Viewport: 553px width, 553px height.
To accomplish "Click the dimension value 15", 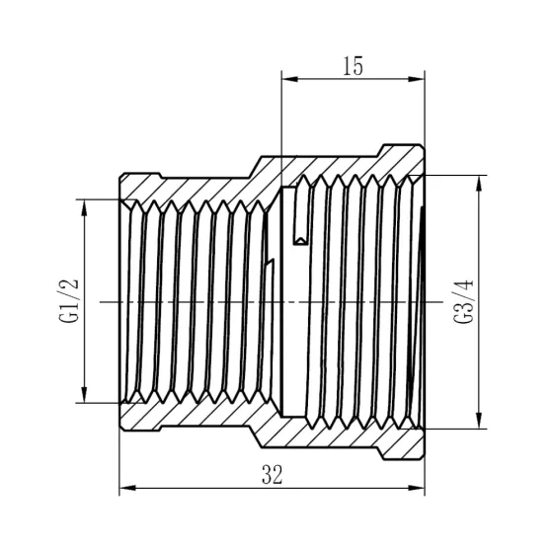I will pos(354,66).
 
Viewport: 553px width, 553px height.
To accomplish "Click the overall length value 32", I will pos(273,474).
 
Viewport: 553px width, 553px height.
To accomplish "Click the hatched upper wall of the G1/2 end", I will pos(188,187).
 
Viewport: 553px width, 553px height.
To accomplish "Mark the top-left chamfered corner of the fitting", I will pos(123,179).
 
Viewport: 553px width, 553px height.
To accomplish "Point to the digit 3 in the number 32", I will pos(267,474).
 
